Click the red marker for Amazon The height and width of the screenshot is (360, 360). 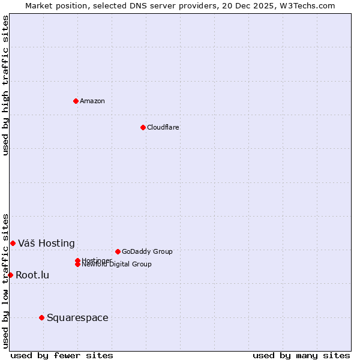point(76,101)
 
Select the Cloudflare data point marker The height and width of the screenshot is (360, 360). point(143,127)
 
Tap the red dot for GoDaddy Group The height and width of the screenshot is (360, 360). point(118,251)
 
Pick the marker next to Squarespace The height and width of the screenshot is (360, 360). point(41,317)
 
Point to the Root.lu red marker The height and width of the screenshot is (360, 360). point(10,275)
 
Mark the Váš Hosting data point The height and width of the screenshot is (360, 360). point(13,243)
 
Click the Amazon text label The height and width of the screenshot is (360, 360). point(92,101)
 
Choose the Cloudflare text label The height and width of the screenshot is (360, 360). point(163,127)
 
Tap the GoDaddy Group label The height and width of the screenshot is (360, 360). point(147,251)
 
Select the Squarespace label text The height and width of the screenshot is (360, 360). point(77,317)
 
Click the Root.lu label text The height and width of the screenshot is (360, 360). point(32,275)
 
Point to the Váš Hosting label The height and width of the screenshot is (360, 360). point(46,243)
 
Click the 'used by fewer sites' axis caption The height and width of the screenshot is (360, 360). point(62,355)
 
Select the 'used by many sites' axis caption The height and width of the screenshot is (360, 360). point(301,355)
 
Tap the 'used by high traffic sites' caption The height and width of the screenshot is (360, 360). point(6,85)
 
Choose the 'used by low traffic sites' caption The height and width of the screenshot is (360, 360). point(6,281)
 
